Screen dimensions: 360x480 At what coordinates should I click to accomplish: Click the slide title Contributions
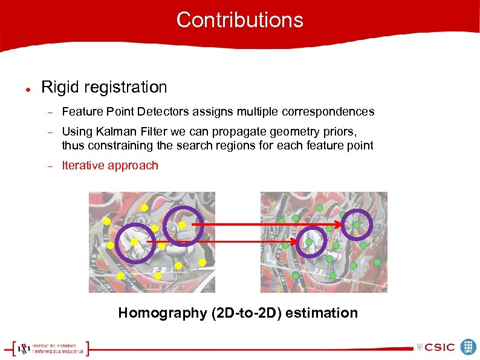click(239, 20)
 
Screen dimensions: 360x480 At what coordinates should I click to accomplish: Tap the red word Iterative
click(83, 165)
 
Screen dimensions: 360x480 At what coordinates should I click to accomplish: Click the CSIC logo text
click(439, 347)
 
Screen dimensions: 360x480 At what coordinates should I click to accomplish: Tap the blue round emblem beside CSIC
click(469, 347)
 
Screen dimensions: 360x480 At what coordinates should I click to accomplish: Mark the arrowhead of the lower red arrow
click(296, 242)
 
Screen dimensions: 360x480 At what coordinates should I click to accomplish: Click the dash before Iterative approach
click(51, 166)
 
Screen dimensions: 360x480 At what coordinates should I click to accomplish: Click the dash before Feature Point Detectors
click(51, 112)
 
